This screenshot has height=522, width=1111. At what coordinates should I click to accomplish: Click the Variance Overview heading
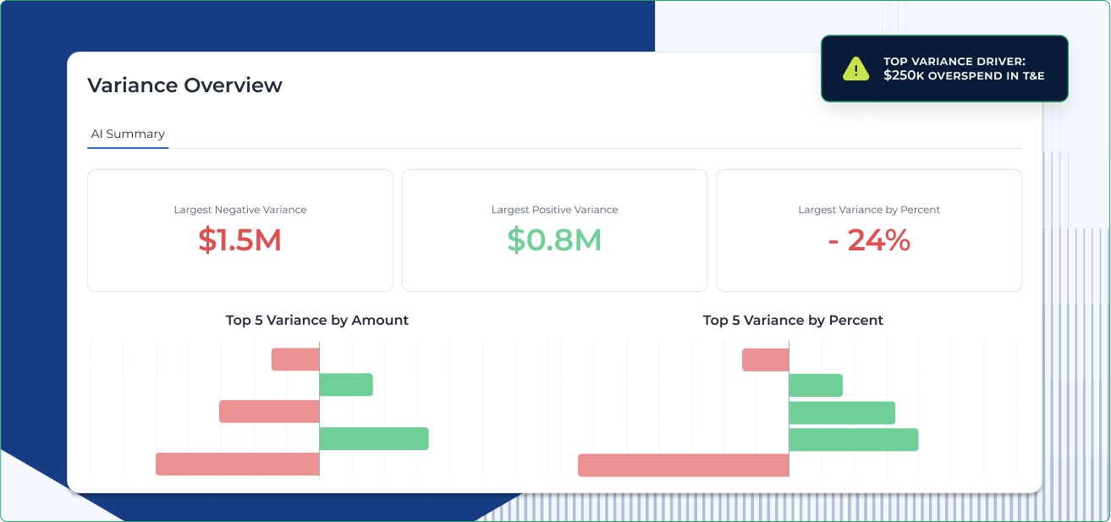(x=184, y=85)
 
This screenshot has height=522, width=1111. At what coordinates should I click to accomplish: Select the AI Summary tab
(x=128, y=134)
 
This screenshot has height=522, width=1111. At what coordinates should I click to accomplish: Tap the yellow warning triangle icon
(x=855, y=69)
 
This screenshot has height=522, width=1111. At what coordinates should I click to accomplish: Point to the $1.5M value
(x=239, y=241)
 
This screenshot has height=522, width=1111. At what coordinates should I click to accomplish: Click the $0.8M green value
(x=554, y=241)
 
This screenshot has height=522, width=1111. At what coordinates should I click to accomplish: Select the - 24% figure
(x=869, y=241)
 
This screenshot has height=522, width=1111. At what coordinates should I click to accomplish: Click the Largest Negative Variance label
(x=240, y=210)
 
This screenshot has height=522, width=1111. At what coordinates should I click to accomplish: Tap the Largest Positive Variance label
(x=554, y=210)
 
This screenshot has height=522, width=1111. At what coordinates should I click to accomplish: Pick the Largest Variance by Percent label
(x=869, y=210)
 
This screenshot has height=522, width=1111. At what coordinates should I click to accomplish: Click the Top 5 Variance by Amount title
(x=317, y=321)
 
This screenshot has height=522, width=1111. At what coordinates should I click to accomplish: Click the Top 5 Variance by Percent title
(x=793, y=321)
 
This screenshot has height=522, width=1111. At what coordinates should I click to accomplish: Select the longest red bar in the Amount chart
(x=238, y=464)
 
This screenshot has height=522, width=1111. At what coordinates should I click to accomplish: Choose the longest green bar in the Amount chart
(x=374, y=438)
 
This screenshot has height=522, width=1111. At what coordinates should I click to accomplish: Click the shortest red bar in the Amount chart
(x=295, y=360)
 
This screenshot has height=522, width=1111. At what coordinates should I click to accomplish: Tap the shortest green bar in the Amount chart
(x=346, y=385)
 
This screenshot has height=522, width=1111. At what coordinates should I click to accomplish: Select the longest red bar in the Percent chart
(x=684, y=465)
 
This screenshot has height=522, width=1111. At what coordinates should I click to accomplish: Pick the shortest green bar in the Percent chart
(x=816, y=385)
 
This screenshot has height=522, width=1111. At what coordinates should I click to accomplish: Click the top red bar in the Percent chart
(x=766, y=360)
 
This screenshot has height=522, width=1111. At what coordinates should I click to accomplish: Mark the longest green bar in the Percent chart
(x=854, y=439)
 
